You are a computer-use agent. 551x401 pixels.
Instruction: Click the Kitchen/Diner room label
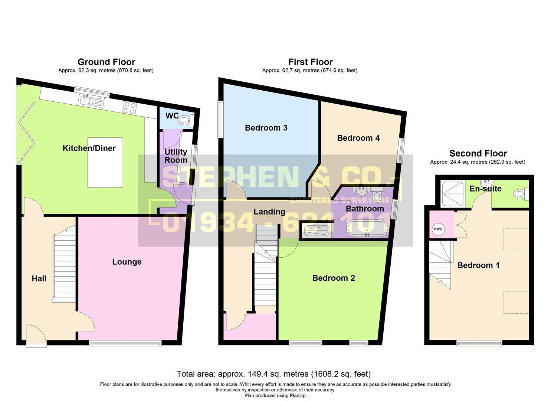pyautogui.click(x=89, y=148)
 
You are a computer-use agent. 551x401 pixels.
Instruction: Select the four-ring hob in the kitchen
pyautogui.click(x=130, y=108)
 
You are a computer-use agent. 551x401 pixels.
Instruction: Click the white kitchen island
pyautogui.click(x=105, y=162)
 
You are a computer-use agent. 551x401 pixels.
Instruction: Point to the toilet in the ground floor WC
pyautogui.click(x=185, y=120)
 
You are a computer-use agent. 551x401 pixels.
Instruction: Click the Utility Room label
pyautogui.click(x=176, y=156)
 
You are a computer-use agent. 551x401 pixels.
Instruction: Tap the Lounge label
pyautogui.click(x=127, y=262)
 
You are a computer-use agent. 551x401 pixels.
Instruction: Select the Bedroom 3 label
pyautogui.click(x=266, y=128)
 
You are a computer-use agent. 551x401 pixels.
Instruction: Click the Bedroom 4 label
pyautogui.click(x=358, y=138)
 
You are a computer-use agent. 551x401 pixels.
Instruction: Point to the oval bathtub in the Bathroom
pyautogui.click(x=367, y=228)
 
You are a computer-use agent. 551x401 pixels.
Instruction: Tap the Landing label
pyautogui.click(x=269, y=212)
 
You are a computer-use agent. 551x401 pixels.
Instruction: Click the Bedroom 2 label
pyautogui.click(x=334, y=278)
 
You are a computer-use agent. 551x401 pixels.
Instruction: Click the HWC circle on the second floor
pyautogui.click(x=438, y=229)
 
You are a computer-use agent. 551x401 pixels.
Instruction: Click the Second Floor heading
pyautogui.click(x=478, y=153)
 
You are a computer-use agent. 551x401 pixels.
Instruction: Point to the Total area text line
pyautogui.click(x=273, y=374)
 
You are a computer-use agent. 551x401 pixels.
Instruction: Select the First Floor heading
pyautogui.click(x=310, y=62)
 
